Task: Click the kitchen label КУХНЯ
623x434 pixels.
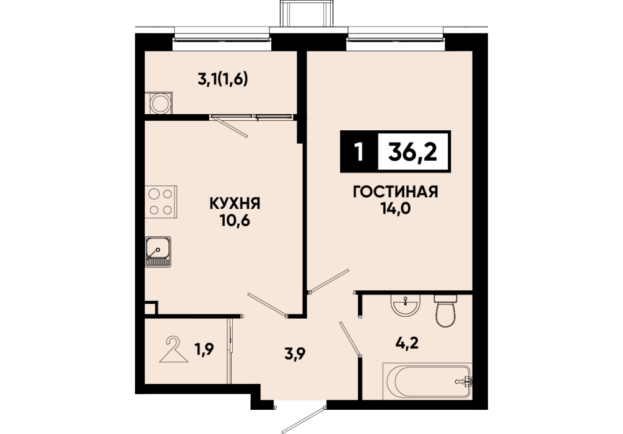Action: (x=235, y=204)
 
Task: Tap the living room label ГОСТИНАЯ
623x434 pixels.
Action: (x=395, y=192)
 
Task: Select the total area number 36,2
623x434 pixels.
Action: (x=413, y=151)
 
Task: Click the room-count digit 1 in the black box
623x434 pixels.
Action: (x=359, y=151)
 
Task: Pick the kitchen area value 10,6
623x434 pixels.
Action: (x=235, y=220)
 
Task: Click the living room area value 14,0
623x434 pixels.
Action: (x=395, y=208)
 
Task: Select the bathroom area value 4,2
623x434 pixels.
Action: (x=408, y=342)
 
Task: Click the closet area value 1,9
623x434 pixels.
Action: (x=204, y=349)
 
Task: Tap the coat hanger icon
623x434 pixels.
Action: (x=173, y=350)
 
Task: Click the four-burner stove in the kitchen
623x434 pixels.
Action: (x=160, y=201)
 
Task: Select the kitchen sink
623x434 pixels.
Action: (x=158, y=252)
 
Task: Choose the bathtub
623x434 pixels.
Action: (x=427, y=381)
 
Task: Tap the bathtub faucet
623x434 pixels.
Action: (x=464, y=381)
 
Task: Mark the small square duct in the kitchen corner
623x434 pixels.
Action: (x=151, y=309)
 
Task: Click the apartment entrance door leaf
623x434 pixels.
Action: (x=304, y=420)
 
